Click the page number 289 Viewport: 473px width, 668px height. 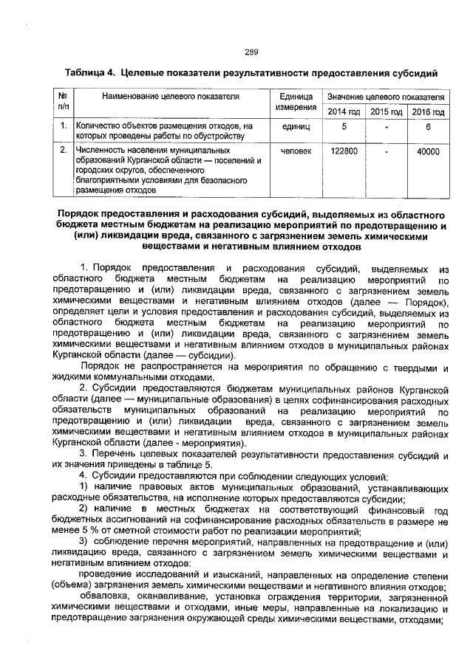click(x=251, y=52)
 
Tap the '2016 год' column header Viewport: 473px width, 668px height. click(x=428, y=111)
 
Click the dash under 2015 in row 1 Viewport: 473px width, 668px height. click(x=386, y=127)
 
